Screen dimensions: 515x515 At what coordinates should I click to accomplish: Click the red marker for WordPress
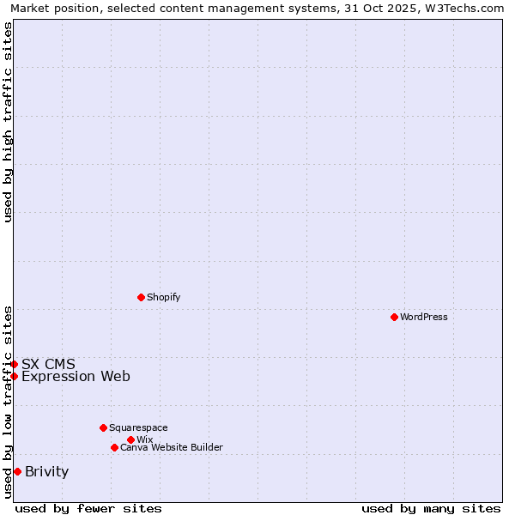pos(394,317)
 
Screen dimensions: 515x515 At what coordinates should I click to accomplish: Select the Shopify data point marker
pos(141,297)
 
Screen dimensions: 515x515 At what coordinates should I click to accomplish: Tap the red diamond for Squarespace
pos(103,427)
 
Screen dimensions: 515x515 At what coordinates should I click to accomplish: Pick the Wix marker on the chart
pos(130,439)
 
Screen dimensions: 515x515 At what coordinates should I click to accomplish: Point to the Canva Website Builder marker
pos(114,447)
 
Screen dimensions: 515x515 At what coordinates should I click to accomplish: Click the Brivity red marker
pos(17,471)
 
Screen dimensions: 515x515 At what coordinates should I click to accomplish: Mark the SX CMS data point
pos(14,364)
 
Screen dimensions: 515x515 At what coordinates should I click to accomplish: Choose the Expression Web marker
pos(14,376)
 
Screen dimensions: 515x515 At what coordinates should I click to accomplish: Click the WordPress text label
pos(424,317)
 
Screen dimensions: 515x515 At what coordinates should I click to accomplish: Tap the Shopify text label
pos(163,297)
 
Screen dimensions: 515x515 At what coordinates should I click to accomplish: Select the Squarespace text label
pos(138,427)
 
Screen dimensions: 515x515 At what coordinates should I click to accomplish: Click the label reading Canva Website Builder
pos(172,447)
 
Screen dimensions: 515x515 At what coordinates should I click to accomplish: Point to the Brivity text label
pos(47,471)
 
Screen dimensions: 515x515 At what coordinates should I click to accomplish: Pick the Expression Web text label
pos(76,376)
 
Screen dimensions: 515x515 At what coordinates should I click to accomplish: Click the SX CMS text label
pos(48,364)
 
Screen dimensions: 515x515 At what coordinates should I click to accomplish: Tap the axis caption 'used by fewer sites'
pos(88,508)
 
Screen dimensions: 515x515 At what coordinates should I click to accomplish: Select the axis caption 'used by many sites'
pos(431,508)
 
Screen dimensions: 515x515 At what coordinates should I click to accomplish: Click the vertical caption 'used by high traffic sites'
pos(8,122)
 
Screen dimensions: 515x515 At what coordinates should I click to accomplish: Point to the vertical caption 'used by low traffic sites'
pos(8,402)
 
